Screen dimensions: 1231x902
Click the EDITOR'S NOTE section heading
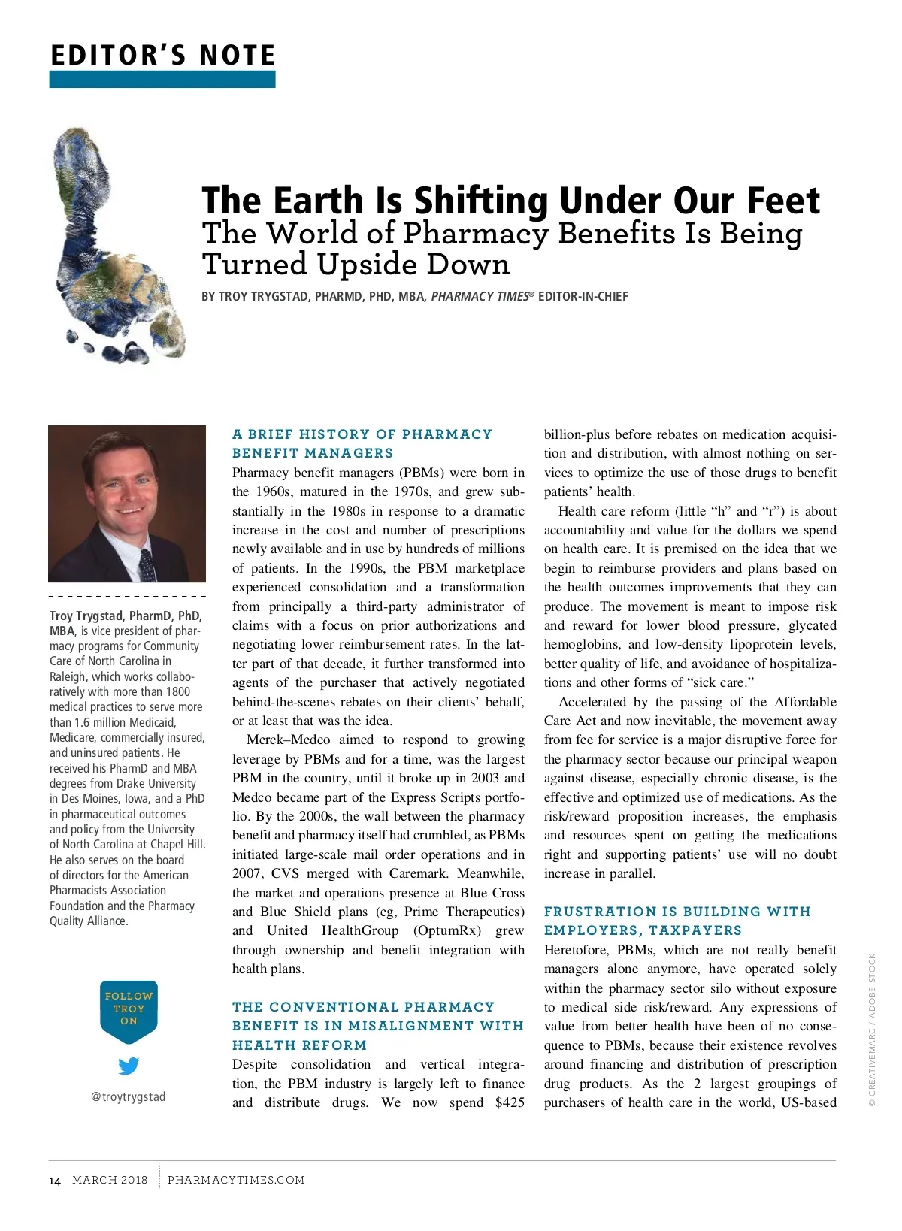(162, 56)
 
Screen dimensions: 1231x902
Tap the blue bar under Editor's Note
(162, 79)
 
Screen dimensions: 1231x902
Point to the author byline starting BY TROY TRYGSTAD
(414, 297)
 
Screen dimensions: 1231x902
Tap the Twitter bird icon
(129, 1066)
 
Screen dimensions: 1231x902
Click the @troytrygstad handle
(128, 1096)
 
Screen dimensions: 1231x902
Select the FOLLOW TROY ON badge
(129, 1009)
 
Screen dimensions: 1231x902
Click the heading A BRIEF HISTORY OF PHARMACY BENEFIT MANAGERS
(362, 443)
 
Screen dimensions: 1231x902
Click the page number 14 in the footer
(55, 1181)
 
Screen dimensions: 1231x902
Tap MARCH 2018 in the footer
(110, 1180)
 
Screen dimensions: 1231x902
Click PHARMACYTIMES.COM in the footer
(236, 1180)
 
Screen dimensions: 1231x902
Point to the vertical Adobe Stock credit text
(872, 1030)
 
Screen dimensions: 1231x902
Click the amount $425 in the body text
(510, 1103)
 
